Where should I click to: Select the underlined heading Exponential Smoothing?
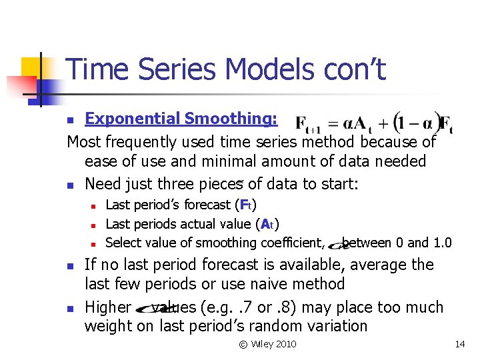click(x=181, y=119)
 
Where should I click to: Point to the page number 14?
click(x=459, y=344)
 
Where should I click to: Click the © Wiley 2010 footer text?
click(x=268, y=344)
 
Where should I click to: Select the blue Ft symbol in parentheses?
click(x=247, y=205)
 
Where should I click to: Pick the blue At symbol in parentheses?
click(x=267, y=224)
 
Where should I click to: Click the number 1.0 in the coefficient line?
click(x=442, y=243)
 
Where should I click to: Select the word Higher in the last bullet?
click(x=109, y=307)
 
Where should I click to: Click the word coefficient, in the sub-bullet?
click(x=291, y=243)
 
